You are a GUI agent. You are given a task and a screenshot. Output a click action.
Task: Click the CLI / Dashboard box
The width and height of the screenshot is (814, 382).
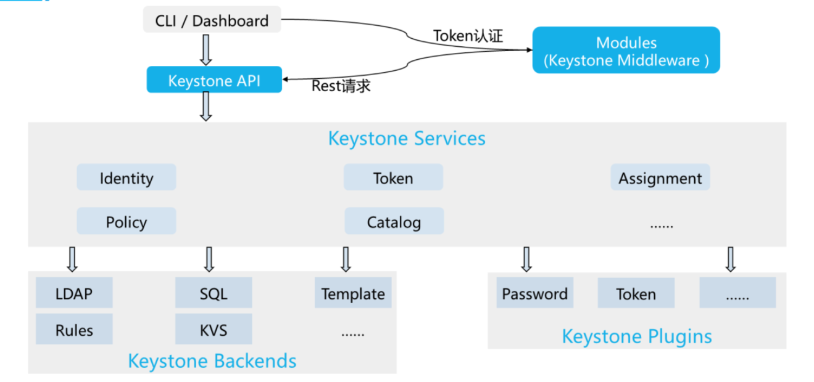point(212,20)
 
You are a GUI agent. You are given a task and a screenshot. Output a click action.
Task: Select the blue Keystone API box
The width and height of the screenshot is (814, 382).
point(214,80)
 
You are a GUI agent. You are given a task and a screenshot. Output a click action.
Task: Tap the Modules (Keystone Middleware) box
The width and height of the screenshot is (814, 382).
point(626,51)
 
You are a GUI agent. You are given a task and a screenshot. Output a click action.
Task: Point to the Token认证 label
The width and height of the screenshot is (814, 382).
point(468,36)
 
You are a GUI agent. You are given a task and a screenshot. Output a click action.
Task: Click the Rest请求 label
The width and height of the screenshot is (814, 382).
point(341,86)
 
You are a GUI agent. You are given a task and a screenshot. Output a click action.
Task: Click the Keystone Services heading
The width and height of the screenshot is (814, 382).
point(406,138)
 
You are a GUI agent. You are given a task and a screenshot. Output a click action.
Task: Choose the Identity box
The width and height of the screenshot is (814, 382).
point(126,178)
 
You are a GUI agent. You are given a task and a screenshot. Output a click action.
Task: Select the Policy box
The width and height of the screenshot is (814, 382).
point(126,222)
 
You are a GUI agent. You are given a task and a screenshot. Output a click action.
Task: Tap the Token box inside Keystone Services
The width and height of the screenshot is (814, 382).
point(393,178)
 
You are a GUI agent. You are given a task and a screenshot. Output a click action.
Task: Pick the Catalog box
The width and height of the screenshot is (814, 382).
point(394,222)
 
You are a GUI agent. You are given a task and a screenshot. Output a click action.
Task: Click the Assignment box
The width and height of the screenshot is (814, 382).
point(660,178)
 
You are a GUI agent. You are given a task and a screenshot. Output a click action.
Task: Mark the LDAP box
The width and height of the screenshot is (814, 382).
point(74,293)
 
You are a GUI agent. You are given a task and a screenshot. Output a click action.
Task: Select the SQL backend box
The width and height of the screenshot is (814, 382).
point(214,293)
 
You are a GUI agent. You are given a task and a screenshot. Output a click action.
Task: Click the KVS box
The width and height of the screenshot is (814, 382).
point(214,330)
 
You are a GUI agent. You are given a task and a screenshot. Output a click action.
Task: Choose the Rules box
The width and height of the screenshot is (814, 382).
point(74,330)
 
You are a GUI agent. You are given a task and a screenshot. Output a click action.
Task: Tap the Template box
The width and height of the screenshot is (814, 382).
point(353,293)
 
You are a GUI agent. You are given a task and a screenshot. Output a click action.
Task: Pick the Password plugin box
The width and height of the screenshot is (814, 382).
point(534,293)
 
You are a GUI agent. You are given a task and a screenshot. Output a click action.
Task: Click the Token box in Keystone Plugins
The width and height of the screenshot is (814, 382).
point(636,293)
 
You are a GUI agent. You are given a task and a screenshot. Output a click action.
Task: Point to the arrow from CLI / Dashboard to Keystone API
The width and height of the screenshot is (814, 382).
point(206,49)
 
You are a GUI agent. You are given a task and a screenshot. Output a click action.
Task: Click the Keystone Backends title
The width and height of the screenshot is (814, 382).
point(212,360)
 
